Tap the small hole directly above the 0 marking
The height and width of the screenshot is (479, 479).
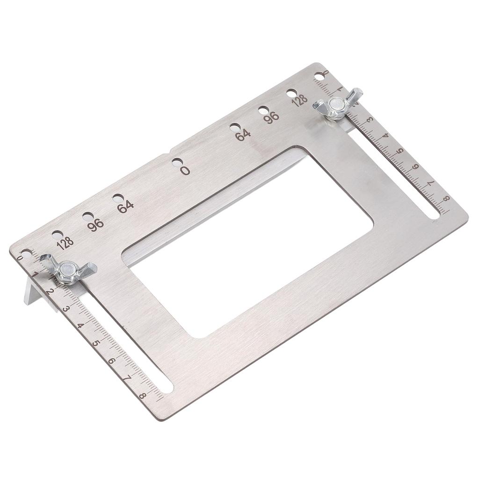coord(176,162)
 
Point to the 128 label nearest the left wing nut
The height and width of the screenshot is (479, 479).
coord(65,243)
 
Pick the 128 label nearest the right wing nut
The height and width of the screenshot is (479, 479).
coord(300,100)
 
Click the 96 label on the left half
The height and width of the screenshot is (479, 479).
coord(95,225)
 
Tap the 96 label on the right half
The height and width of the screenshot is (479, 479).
coord(271,117)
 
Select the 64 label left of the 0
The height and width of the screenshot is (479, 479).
coord(125,206)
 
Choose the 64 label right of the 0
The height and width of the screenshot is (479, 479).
coord(242,135)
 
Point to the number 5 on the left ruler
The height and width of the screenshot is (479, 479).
coord(96,343)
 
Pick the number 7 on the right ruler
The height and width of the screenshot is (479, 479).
coord(429,183)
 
